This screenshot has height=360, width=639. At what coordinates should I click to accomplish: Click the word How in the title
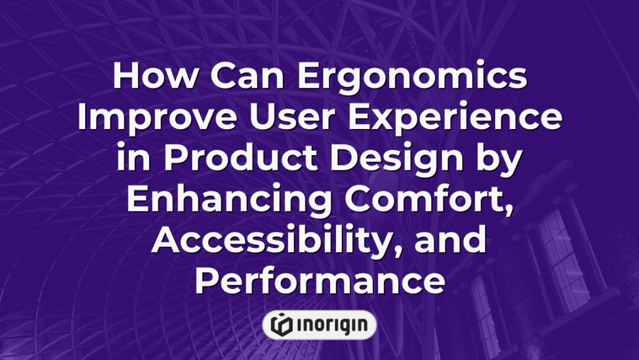pyautogui.click(x=155, y=76)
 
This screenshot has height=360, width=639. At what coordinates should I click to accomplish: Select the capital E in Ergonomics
pyautogui.click(x=308, y=76)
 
